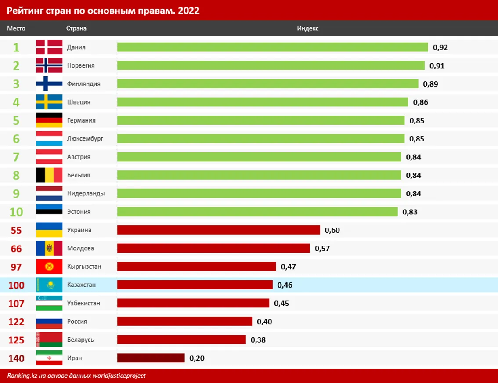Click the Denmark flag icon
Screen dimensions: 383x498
pos(49,47)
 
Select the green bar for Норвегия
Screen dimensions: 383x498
pos(271,65)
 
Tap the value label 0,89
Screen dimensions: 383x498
pos(430,84)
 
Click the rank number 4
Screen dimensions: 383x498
pos(16,102)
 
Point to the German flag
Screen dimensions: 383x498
pos(49,120)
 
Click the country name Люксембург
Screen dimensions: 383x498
pos(85,139)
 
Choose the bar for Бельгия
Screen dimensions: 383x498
pos(259,175)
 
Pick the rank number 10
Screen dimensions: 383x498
pos(16,212)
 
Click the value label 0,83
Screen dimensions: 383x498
pos(410,212)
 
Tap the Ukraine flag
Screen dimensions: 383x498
pos(49,230)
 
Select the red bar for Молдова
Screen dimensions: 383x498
pos(213,249)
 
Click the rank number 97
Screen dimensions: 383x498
pos(16,267)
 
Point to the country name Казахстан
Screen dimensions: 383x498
pos(81,285)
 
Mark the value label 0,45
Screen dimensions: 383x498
pos(281,304)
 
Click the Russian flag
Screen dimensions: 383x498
pos(49,322)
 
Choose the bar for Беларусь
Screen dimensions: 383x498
pos(181,340)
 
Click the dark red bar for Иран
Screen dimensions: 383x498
pos(151,358)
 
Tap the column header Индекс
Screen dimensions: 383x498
pos(307,29)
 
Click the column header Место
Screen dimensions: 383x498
pos(16,29)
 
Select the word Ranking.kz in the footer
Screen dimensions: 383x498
pos(22,376)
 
